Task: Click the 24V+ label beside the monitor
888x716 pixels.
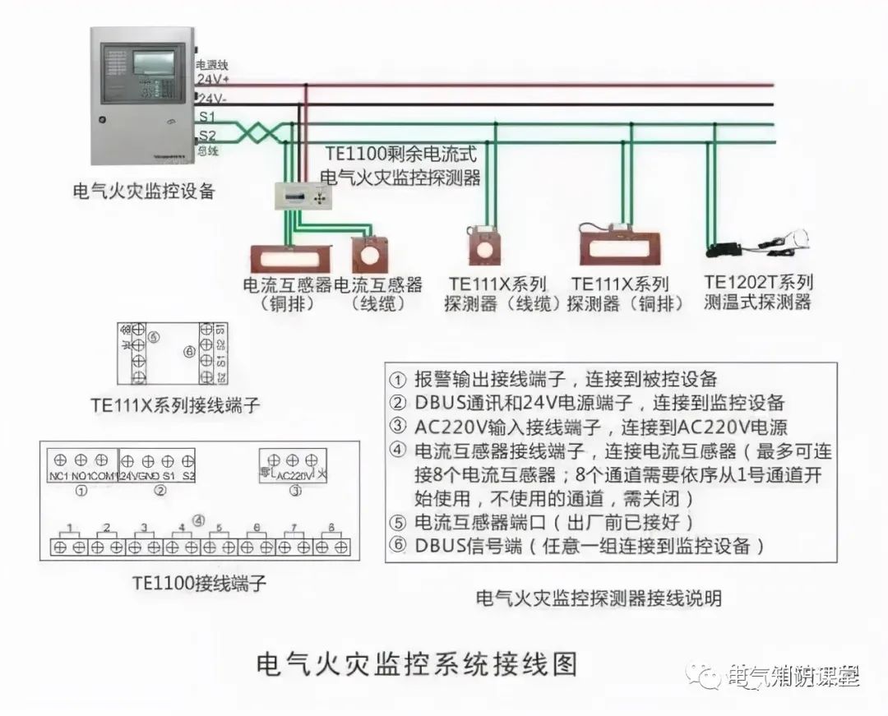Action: point(212,80)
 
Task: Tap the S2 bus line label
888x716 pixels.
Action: point(206,136)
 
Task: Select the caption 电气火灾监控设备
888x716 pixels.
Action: point(144,192)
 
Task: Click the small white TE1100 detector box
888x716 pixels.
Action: point(301,197)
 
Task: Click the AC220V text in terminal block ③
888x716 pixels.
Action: point(294,476)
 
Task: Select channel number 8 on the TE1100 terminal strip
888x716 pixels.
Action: point(331,527)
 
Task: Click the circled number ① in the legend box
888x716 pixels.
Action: point(398,380)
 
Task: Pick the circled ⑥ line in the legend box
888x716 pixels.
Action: point(576,545)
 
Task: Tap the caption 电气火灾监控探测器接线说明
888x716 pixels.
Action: point(599,598)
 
